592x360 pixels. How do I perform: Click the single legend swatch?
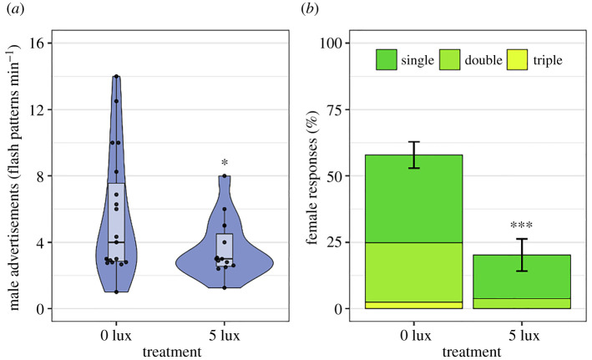click(387, 60)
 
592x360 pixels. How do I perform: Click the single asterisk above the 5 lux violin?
click(225, 164)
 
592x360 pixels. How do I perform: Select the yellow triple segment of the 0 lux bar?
click(409, 305)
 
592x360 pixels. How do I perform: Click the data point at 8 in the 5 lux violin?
click(225, 176)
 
